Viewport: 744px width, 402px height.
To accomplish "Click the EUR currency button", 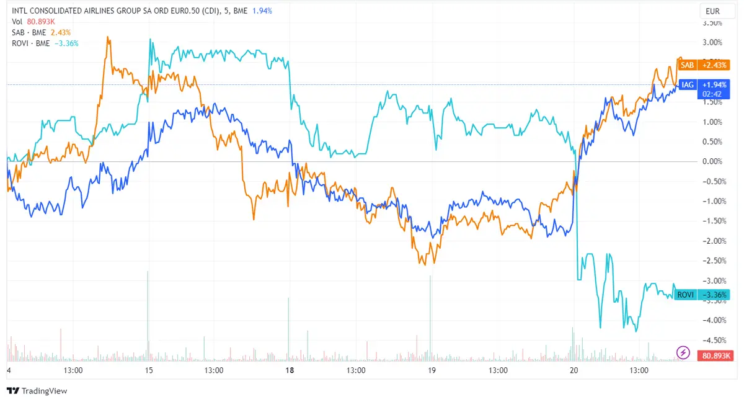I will (712, 11).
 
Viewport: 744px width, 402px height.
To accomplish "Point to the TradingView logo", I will (37, 391).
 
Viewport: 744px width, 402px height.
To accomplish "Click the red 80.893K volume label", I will (715, 356).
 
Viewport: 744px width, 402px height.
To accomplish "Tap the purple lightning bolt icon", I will (683, 353).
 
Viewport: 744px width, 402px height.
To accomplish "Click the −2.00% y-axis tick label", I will (712, 241).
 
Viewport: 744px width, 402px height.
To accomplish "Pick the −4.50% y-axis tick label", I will (712, 340).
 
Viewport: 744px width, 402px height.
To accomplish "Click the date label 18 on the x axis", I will (290, 370).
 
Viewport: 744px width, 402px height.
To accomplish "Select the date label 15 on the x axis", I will (149, 370).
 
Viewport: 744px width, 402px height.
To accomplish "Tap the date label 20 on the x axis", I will (573, 370).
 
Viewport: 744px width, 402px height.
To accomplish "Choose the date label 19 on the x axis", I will (432, 370).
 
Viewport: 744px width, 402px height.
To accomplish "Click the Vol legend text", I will (17, 22).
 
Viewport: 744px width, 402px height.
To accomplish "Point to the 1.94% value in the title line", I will (262, 11).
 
